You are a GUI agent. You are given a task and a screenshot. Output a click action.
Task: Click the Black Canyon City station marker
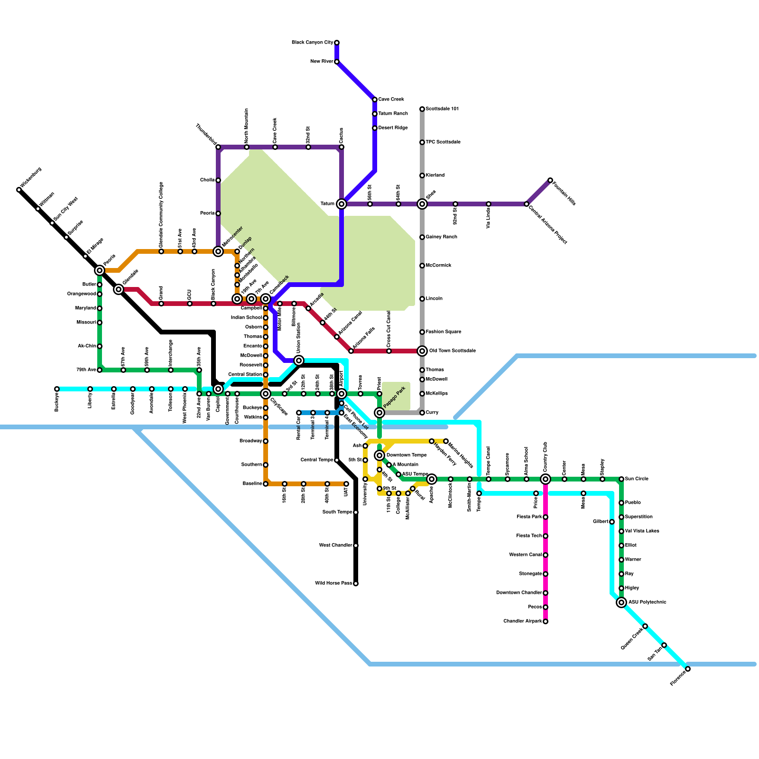[337, 43]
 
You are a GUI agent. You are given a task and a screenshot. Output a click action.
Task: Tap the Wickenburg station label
[31, 177]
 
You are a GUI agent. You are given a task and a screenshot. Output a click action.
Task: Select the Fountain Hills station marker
[550, 180]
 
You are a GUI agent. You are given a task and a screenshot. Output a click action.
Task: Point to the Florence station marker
[688, 669]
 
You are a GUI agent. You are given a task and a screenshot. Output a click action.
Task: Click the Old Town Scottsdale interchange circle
[422, 351]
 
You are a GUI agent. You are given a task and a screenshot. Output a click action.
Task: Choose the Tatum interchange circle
[342, 204]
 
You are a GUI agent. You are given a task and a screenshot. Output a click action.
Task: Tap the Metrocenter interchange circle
[218, 251]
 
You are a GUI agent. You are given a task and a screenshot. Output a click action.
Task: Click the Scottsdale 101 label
[442, 109]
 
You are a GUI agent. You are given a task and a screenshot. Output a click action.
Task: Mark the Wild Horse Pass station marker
[356, 583]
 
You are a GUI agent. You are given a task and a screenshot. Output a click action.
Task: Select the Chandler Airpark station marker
[546, 621]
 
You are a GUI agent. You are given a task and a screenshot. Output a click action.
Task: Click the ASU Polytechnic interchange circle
[621, 602]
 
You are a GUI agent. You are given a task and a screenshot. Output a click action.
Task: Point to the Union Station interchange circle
[299, 361]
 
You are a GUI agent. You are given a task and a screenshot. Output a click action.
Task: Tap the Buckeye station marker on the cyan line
[57, 389]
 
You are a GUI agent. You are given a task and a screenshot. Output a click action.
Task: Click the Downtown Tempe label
[407, 455]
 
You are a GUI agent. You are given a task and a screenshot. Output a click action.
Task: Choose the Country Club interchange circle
[546, 479]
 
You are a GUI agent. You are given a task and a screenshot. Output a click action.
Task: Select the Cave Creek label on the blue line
[391, 100]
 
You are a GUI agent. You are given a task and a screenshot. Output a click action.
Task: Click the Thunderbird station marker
[218, 147]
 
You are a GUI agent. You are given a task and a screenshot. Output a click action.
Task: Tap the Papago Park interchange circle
[379, 413]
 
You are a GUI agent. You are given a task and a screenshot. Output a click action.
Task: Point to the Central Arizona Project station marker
[527, 204]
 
